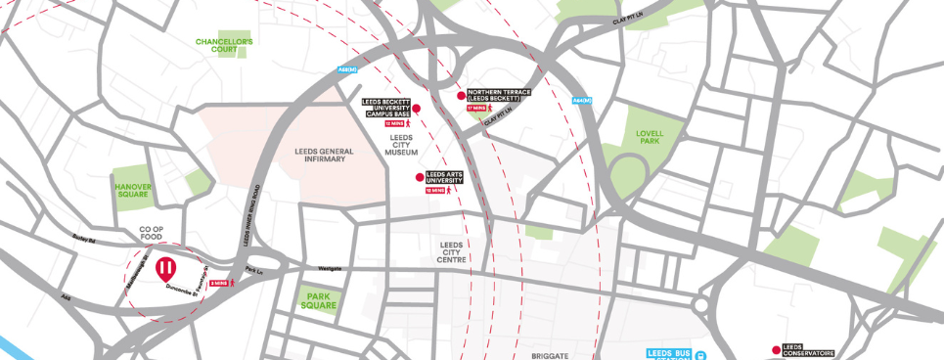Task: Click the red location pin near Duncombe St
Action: [x=166, y=267]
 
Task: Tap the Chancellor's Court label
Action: [x=224, y=46]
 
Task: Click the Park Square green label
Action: [x=319, y=300]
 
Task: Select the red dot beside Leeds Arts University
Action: [x=420, y=177]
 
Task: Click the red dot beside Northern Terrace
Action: [x=462, y=95]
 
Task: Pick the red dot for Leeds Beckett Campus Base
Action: [x=416, y=109]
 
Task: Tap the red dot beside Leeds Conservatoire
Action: [x=776, y=349]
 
